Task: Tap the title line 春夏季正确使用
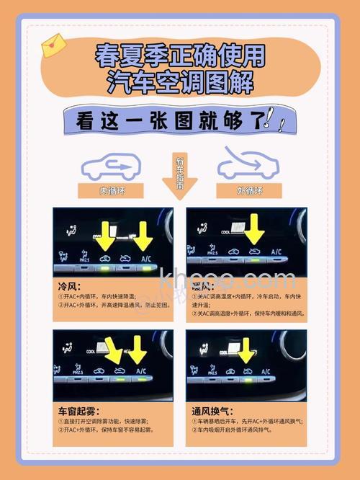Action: tap(180, 56)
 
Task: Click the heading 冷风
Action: tap(68, 285)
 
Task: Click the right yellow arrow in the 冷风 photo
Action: tap(144, 238)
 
